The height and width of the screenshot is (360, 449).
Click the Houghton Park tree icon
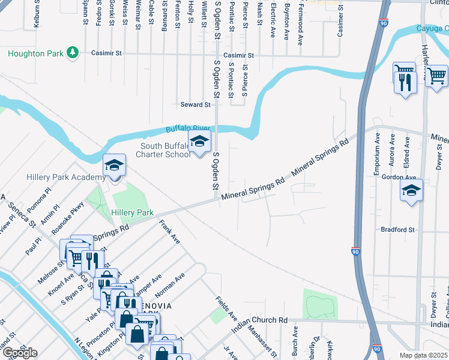tap(73, 53)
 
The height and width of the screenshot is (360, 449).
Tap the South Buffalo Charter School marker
tap(200, 143)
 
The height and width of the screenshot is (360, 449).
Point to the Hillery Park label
tap(133, 212)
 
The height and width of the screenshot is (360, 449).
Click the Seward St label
tap(196, 104)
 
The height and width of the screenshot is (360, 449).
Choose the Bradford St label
tap(398, 229)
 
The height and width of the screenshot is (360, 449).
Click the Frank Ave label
tap(169, 232)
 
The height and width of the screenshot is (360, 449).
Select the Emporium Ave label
tap(377, 154)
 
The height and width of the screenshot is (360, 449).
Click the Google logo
tap(20, 353)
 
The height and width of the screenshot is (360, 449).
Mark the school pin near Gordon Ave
tap(411, 192)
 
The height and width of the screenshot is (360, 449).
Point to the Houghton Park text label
tap(35, 53)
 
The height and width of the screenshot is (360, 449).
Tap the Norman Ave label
tap(169, 286)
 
